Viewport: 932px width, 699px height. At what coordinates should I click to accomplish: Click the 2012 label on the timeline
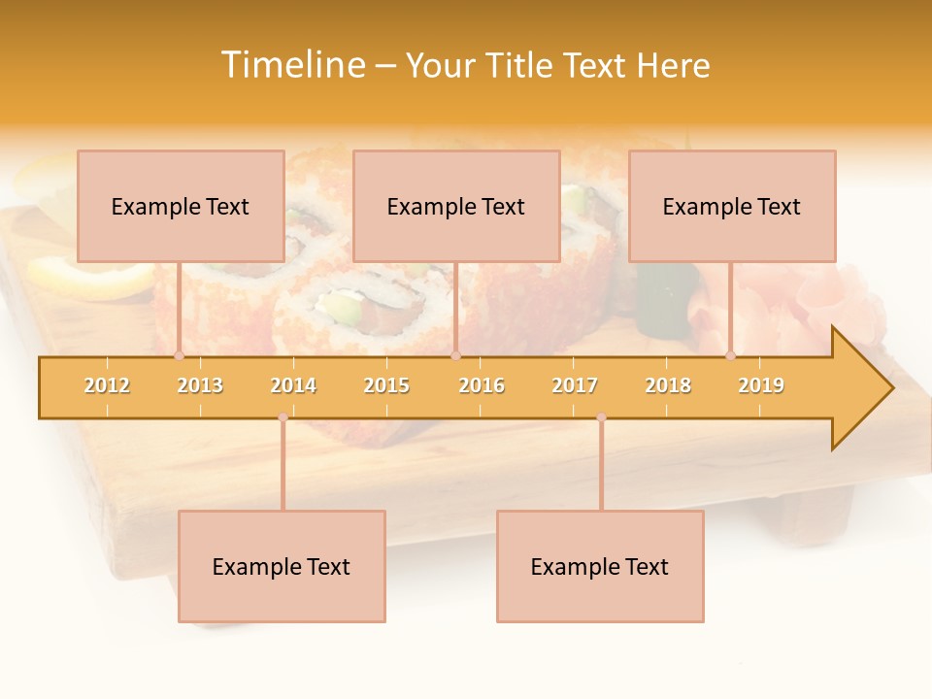click(x=107, y=385)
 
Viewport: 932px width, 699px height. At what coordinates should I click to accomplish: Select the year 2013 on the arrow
click(x=200, y=385)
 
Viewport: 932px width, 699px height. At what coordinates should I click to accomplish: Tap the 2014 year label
click(x=293, y=385)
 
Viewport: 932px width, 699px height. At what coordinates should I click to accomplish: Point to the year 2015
click(x=386, y=385)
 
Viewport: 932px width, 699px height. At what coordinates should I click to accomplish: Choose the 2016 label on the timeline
click(x=482, y=385)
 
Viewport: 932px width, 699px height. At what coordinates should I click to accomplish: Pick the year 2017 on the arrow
click(x=575, y=385)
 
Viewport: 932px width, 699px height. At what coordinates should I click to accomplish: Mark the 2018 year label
click(x=668, y=385)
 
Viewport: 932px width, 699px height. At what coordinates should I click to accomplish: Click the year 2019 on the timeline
click(x=761, y=385)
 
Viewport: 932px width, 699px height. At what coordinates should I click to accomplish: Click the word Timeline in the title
click(x=293, y=65)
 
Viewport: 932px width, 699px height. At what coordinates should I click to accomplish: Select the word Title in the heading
click(x=522, y=65)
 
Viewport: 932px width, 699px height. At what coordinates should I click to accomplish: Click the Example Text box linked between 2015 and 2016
click(x=456, y=206)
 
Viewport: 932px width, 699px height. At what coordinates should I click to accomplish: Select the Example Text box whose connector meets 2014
click(x=282, y=566)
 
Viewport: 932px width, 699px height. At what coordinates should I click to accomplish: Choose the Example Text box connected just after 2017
click(x=600, y=566)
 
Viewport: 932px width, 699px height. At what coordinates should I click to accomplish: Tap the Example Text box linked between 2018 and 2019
click(x=732, y=206)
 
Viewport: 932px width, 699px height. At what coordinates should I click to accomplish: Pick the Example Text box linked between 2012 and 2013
click(x=181, y=206)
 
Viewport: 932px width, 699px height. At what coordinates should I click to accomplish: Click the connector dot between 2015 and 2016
click(x=455, y=356)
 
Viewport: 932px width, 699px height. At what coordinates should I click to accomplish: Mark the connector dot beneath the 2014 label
click(x=283, y=417)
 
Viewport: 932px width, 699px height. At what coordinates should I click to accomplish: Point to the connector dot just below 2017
click(x=601, y=417)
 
